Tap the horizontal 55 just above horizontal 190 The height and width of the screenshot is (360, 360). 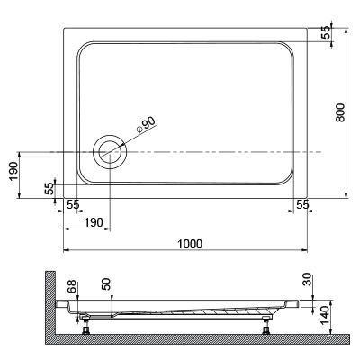click(74, 205)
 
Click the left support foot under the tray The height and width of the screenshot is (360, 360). click(85, 323)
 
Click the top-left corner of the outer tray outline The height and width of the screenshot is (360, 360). click(64, 28)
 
